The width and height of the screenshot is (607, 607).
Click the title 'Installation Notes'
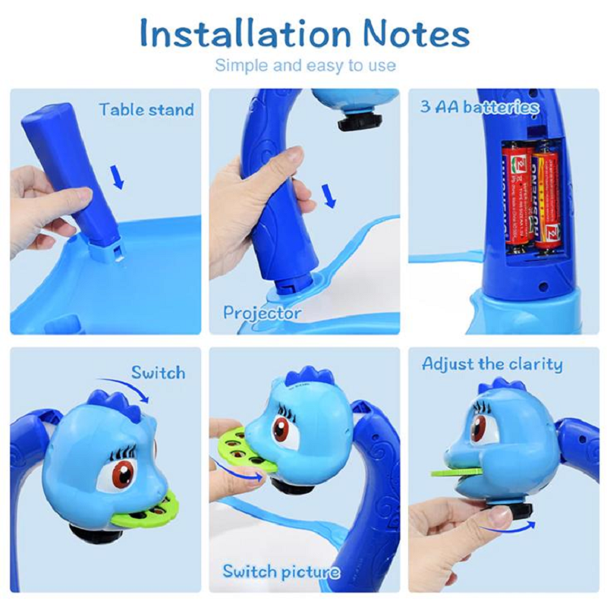(304, 33)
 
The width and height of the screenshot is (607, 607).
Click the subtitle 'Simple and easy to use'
(305, 65)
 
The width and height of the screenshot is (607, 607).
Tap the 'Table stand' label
(146, 110)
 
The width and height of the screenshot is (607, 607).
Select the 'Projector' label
(262, 313)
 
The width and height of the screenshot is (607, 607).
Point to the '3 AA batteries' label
(480, 107)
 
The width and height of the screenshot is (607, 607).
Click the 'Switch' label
(158, 373)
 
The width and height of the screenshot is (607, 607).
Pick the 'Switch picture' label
(281, 571)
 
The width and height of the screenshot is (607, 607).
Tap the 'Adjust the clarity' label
(492, 364)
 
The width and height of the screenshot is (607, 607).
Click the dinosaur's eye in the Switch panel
(122, 473)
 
